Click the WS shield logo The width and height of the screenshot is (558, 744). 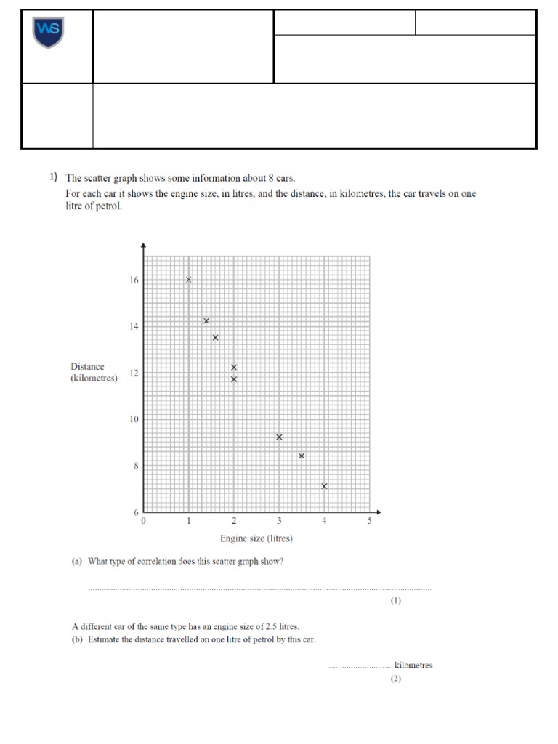coord(49,33)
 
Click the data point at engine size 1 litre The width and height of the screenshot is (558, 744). coord(189,280)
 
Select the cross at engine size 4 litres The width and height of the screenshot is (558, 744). coord(324,486)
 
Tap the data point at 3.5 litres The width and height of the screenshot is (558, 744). coord(302,456)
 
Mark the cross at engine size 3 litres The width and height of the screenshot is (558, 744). coord(279,437)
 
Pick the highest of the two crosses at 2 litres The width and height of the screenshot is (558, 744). coord(234,367)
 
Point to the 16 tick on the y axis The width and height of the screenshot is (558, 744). coord(134,280)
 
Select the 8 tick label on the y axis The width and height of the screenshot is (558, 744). coord(135,466)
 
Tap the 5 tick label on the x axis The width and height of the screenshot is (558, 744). coord(369,521)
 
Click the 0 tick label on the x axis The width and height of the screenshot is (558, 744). coord(143,521)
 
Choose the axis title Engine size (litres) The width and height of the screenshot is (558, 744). coord(256,538)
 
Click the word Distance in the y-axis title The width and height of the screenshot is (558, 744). coord(87,367)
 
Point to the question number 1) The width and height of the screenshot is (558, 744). coord(53,177)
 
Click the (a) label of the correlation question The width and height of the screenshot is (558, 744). coord(76,561)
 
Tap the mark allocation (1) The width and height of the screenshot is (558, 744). coord(395,601)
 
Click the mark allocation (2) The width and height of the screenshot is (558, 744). coord(395,679)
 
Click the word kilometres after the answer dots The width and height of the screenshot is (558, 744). coord(413,665)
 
